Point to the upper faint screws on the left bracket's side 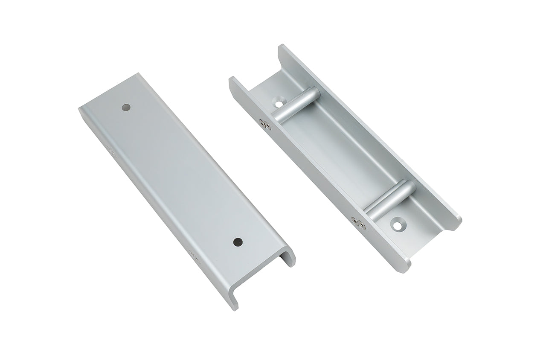(x=112, y=152)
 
